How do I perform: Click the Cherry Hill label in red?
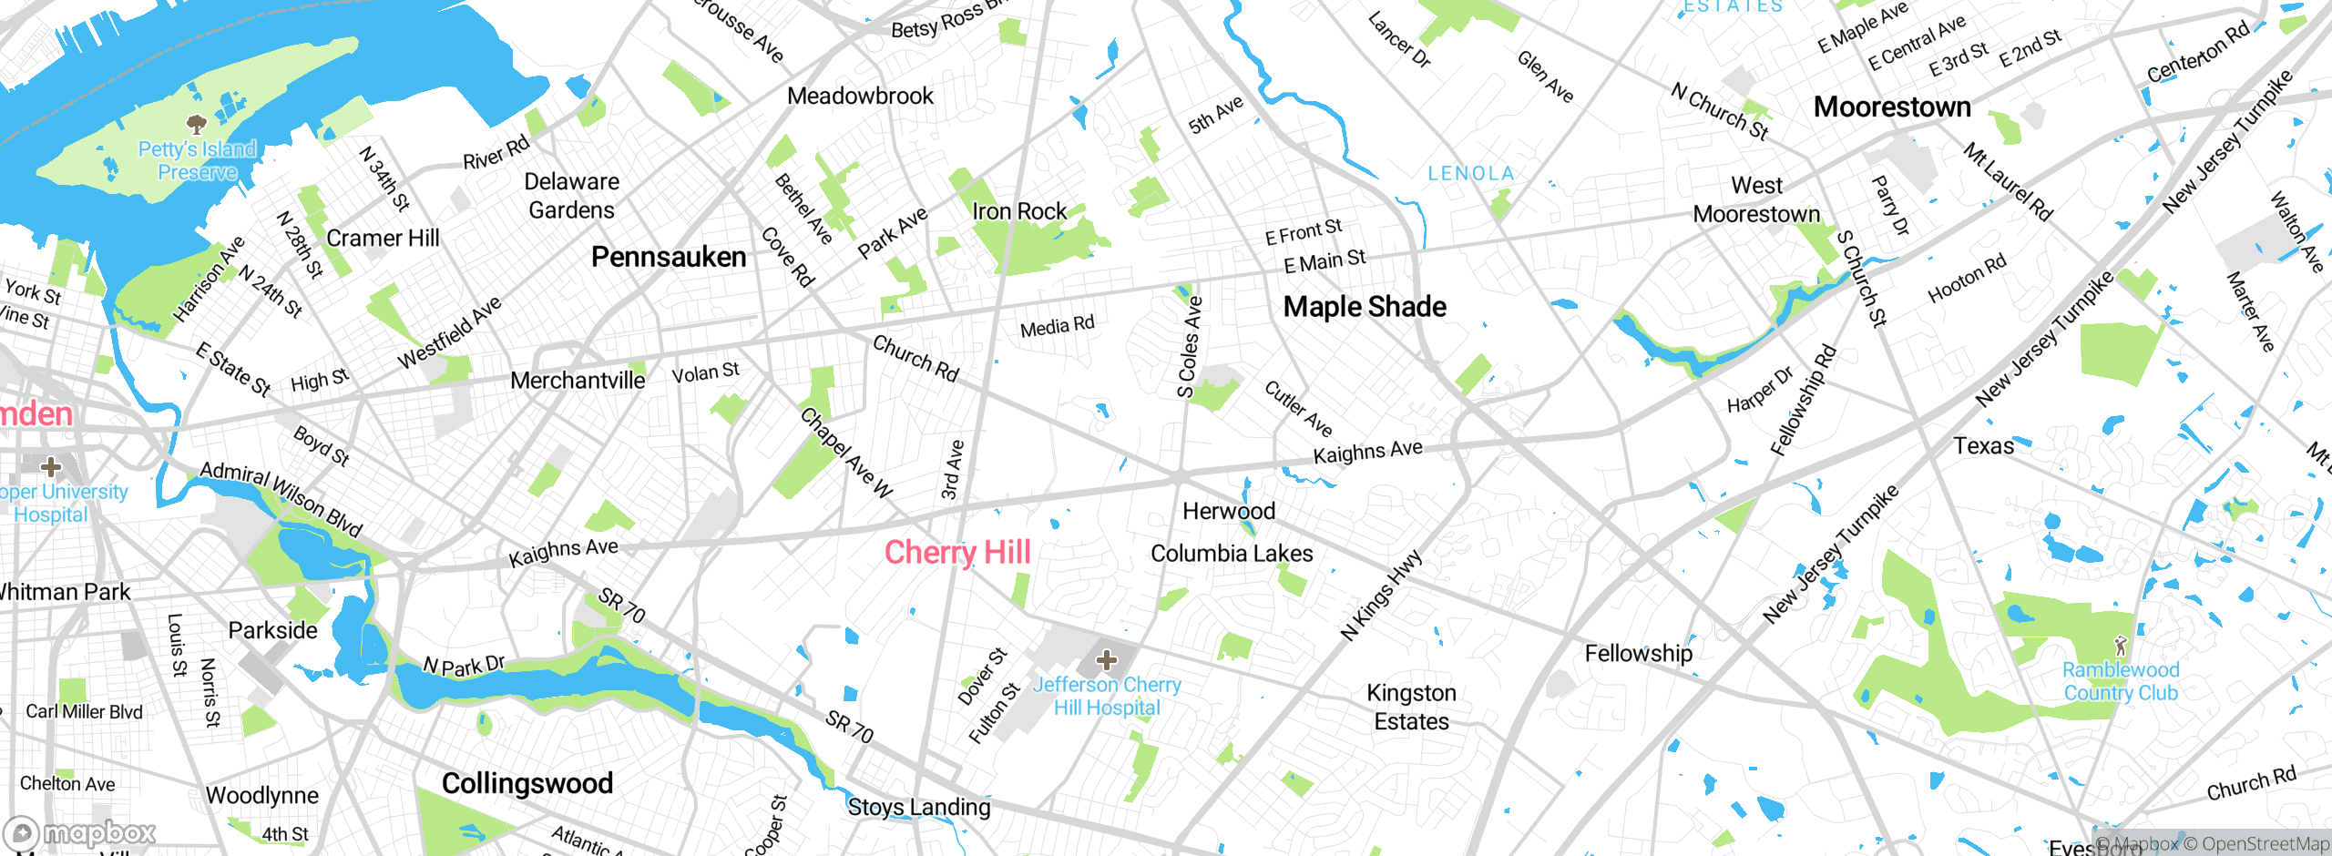coord(957,552)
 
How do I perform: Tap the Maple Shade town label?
coord(1364,307)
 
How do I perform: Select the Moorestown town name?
coord(1892,107)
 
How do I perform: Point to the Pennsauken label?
coord(669,257)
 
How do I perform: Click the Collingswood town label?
coord(527,783)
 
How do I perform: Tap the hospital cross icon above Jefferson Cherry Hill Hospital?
coord(1107,659)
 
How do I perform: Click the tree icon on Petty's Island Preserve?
coord(196,123)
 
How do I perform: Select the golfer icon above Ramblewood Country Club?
coord(2121,646)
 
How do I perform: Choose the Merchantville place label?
coord(578,381)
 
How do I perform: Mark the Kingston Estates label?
coord(1411,707)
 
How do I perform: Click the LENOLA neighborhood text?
coord(1470,173)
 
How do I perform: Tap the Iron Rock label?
coord(1018,211)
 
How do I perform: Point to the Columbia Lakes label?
coord(1232,554)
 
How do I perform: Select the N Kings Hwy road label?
coord(1381,594)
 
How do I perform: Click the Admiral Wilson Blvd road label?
coord(281,499)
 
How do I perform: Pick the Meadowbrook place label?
coord(860,96)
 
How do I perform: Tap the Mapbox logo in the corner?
coord(80,832)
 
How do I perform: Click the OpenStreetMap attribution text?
coord(2256,844)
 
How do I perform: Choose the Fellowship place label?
coord(1638,653)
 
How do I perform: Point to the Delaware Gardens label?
coord(571,196)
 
